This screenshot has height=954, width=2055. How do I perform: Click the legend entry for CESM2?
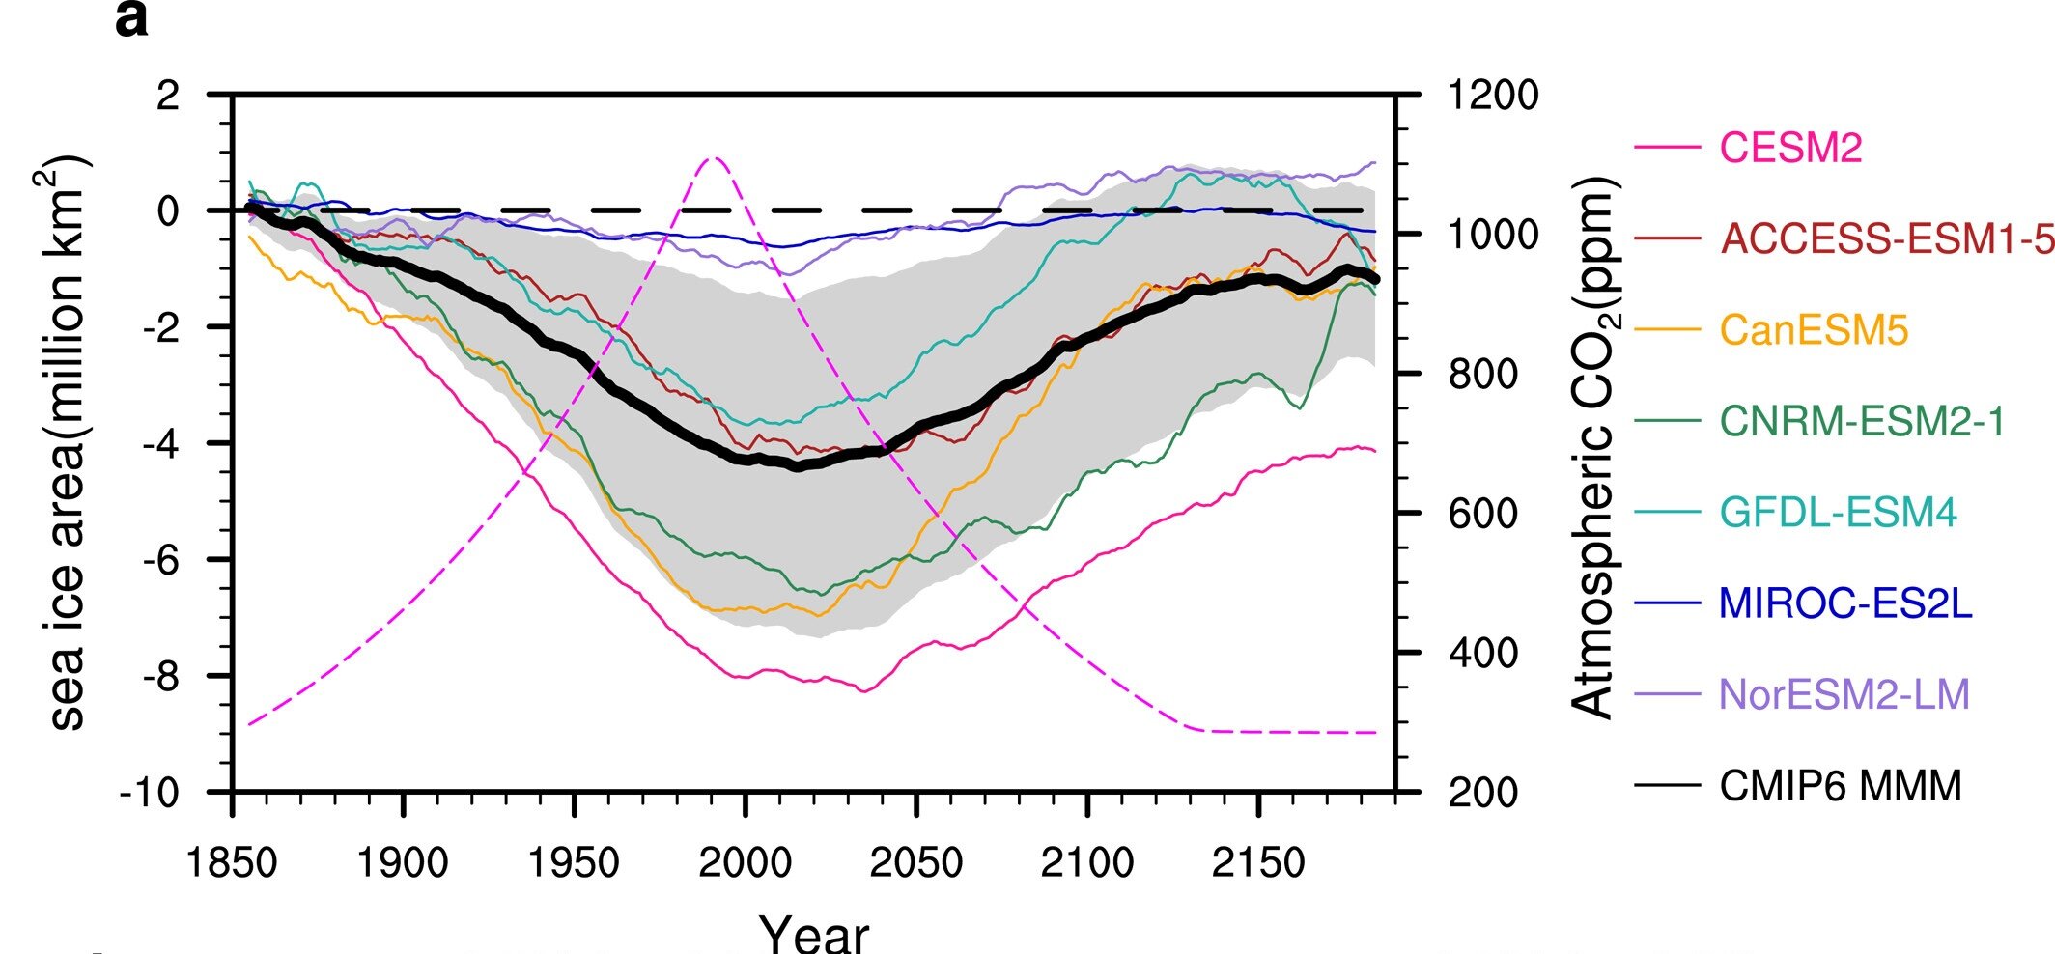pyautogui.click(x=1790, y=148)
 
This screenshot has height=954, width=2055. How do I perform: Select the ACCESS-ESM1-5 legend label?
pyautogui.click(x=1887, y=238)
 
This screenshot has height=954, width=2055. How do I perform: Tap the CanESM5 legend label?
pyautogui.click(x=1814, y=330)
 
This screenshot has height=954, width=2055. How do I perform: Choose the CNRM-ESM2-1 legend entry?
pyautogui.click(x=1862, y=421)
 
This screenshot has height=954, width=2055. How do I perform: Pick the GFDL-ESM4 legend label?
pyautogui.click(x=1838, y=512)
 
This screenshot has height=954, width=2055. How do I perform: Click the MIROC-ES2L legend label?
pyautogui.click(x=1844, y=603)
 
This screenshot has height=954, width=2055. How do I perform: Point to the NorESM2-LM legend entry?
pyautogui.click(x=1844, y=694)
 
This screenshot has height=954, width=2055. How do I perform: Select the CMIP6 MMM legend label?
pyautogui.click(x=1840, y=785)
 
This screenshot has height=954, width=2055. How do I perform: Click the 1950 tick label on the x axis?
pyautogui.click(x=574, y=862)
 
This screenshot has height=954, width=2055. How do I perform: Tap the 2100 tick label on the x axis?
pyautogui.click(x=1086, y=862)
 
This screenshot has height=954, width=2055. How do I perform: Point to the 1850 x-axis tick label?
pyautogui.click(x=232, y=862)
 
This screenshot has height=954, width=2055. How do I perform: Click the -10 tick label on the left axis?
pyautogui.click(x=150, y=793)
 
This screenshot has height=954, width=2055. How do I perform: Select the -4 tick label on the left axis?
pyautogui.click(x=160, y=444)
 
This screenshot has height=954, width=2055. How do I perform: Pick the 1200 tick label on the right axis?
pyautogui.click(x=1492, y=96)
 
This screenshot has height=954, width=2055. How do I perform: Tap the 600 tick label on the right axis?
pyautogui.click(x=1482, y=514)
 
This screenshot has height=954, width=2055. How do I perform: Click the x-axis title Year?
pyautogui.click(x=813, y=932)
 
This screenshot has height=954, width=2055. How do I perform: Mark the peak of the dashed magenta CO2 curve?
pyautogui.click(x=713, y=156)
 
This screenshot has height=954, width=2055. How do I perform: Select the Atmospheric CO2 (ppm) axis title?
pyautogui.click(x=1593, y=446)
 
